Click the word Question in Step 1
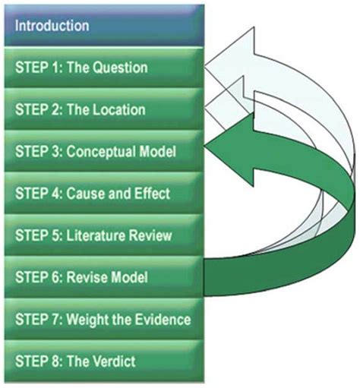point(120,68)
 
